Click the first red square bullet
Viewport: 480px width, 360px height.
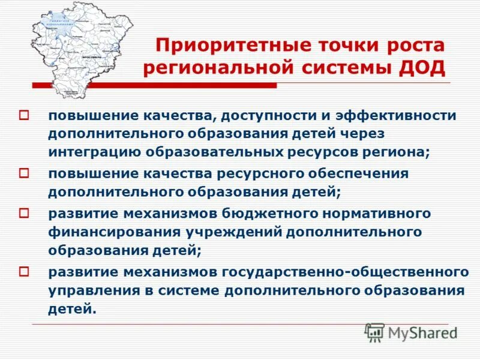coord(25,114)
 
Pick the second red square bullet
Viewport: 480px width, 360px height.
coord(25,173)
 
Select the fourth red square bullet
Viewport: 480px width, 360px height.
coord(25,271)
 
